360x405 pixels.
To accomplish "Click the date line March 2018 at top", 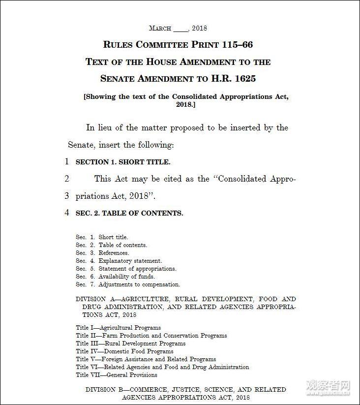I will [x=178, y=28].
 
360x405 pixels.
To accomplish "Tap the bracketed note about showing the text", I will [x=186, y=100].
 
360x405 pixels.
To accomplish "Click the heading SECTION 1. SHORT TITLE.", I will [x=123, y=162].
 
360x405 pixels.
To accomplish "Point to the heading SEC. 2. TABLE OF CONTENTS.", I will [x=129, y=213].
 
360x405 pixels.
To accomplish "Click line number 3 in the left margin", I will [x=67, y=196].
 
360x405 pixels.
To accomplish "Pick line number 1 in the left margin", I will [x=67, y=161].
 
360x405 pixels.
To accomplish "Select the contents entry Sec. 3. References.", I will [x=102, y=253].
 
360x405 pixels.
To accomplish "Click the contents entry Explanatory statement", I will [x=130, y=261].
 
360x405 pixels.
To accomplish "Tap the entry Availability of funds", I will [x=126, y=277].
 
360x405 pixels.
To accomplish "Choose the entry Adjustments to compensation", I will [x=139, y=284].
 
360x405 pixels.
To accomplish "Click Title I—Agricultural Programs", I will [x=118, y=327].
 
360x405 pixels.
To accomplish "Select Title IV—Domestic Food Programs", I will [x=124, y=351].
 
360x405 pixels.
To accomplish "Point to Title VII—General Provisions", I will [x=117, y=375].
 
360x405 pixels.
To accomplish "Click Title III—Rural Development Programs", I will [x=130, y=343].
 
